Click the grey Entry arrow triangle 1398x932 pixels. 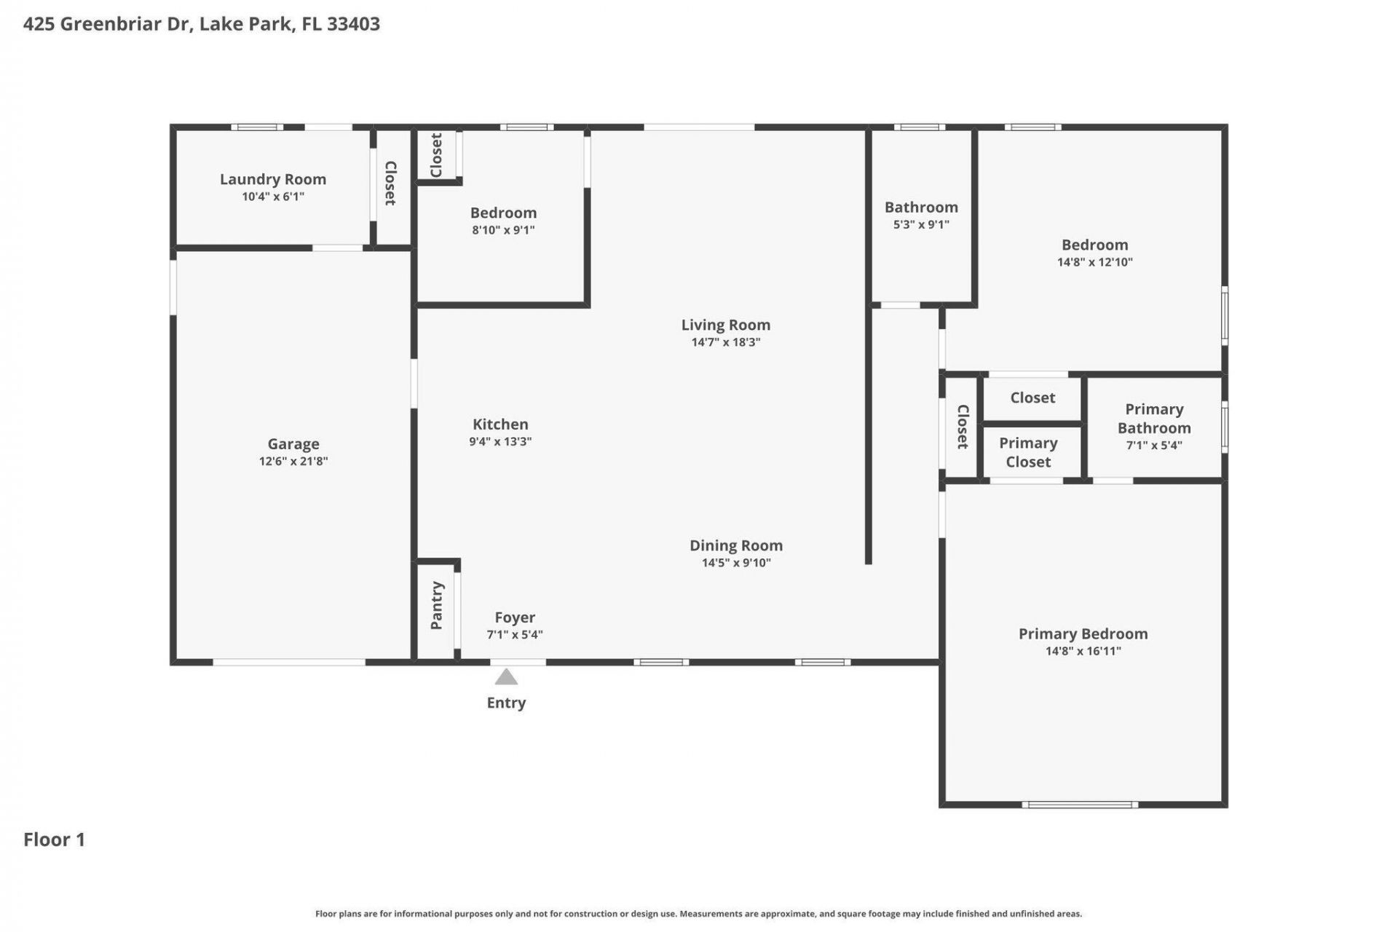[x=506, y=678]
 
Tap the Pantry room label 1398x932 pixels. [x=437, y=606]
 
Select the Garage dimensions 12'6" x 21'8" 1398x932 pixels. [x=293, y=461]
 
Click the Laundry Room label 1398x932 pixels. [x=273, y=179]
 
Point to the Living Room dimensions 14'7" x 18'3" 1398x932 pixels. [x=725, y=342]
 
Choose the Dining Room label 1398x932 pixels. [x=736, y=545]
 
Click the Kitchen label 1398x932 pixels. [x=500, y=424]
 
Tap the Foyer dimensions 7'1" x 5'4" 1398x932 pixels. [x=515, y=635]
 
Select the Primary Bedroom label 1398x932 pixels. [x=1083, y=634]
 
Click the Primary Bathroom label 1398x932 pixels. [x=1154, y=419]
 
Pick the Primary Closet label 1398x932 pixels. [x=1028, y=452]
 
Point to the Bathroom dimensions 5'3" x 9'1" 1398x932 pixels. [x=921, y=225]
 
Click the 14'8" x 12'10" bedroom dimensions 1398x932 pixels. [x=1094, y=262]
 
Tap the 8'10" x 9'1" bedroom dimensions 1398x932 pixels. [x=503, y=230]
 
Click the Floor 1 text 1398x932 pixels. [x=55, y=840]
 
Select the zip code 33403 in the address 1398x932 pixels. [x=353, y=24]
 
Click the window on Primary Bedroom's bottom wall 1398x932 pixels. [x=1080, y=805]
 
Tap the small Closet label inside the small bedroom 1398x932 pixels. [x=437, y=154]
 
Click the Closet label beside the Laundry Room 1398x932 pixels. [x=390, y=183]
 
